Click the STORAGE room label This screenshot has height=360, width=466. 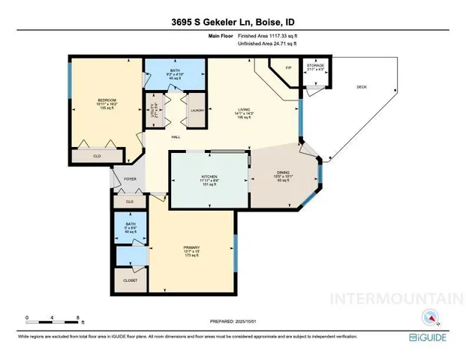[x=316, y=66]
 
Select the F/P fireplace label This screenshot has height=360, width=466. [x=287, y=68]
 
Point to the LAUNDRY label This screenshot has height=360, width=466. [x=197, y=110]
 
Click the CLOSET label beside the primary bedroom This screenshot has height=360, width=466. [x=131, y=281]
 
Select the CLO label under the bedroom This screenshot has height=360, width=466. [x=97, y=156]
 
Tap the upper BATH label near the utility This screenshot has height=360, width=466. [x=173, y=71]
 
